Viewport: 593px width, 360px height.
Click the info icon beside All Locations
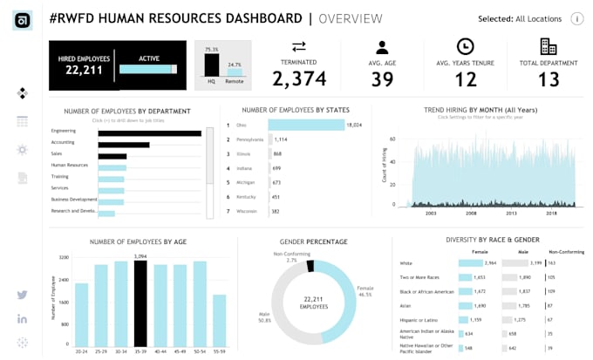[x=577, y=19]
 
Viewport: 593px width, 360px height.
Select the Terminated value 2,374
[x=299, y=78]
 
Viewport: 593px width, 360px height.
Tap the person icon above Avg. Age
[x=381, y=47]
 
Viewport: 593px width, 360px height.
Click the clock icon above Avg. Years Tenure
[x=465, y=47]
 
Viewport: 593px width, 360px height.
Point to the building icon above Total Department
[x=549, y=47]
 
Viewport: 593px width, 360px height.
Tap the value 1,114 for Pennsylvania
[x=281, y=139]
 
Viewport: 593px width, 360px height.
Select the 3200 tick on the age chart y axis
[x=64, y=258]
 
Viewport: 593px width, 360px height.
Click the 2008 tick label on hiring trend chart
[x=470, y=212]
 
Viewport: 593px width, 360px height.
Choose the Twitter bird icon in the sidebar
[x=22, y=295]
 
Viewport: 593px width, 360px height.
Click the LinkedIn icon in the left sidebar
[x=22, y=319]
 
